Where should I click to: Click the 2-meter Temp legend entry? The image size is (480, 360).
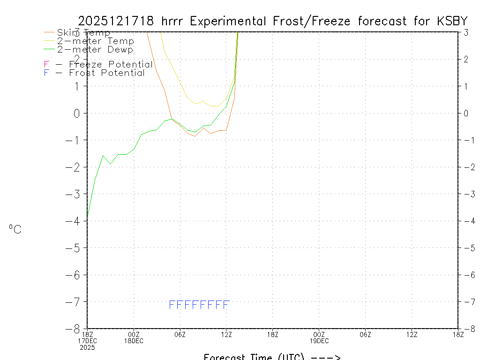coord(96,41)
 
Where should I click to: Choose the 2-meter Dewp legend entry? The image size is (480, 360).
coord(96,49)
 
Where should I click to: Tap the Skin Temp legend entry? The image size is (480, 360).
coord(83,33)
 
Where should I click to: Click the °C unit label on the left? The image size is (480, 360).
coord(15,229)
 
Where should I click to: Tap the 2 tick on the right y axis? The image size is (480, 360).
coord(465,59)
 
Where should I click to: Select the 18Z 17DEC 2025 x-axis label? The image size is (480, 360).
coord(87,340)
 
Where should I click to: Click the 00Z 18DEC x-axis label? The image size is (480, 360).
coord(134,337)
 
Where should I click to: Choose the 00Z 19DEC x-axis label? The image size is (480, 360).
coord(319,337)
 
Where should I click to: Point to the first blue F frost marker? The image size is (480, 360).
coord(172,305)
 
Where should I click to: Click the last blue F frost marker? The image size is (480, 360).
coord(226,305)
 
